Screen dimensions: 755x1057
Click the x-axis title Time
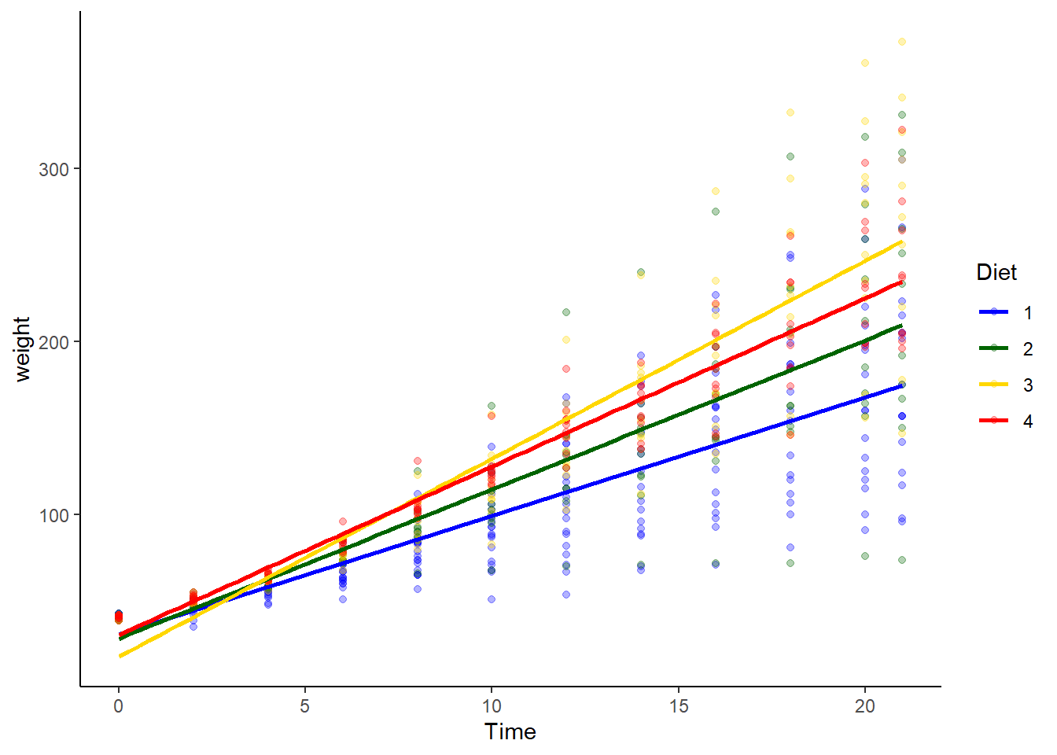[510, 732]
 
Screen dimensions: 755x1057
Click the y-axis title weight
[21, 349]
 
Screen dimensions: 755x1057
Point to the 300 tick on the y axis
[53, 169]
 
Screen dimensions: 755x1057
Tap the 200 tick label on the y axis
[53, 342]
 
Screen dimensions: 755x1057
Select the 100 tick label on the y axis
[53, 515]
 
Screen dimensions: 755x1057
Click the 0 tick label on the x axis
[119, 706]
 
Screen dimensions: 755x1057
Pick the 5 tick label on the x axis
[305, 706]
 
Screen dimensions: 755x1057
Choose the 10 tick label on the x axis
[492, 706]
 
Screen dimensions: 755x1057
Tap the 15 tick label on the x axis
[678, 706]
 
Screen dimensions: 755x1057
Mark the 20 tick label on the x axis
[864, 706]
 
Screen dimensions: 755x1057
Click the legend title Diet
[996, 273]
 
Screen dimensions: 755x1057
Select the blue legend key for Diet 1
[994, 312]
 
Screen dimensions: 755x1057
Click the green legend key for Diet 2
[994, 348]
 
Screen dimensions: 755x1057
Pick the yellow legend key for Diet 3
[994, 385]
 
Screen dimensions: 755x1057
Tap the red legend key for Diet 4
[994, 421]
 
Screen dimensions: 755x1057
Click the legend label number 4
[1028, 422]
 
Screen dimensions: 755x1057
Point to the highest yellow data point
[902, 42]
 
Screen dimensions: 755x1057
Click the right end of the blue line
[902, 385]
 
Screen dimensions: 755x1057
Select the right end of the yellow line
[902, 241]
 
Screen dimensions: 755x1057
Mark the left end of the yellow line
[120, 656]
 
